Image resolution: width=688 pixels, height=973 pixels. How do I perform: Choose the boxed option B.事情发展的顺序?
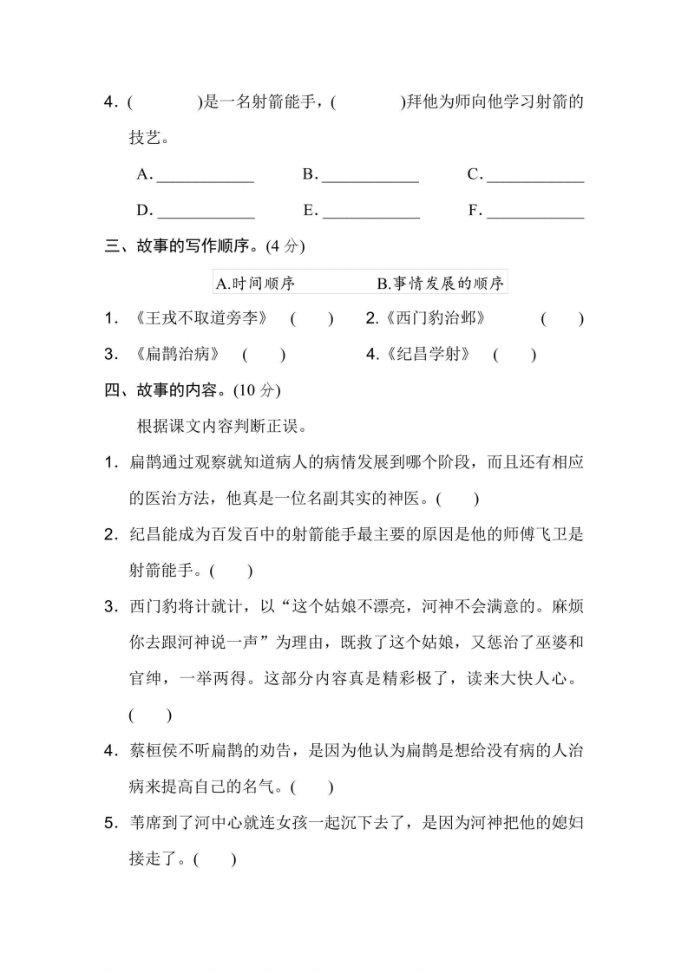(440, 283)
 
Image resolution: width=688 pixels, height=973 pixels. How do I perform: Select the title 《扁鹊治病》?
(178, 354)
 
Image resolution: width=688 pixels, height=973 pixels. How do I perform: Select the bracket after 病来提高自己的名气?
(312, 787)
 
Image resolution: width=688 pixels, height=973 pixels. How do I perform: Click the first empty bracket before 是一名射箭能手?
(163, 102)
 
